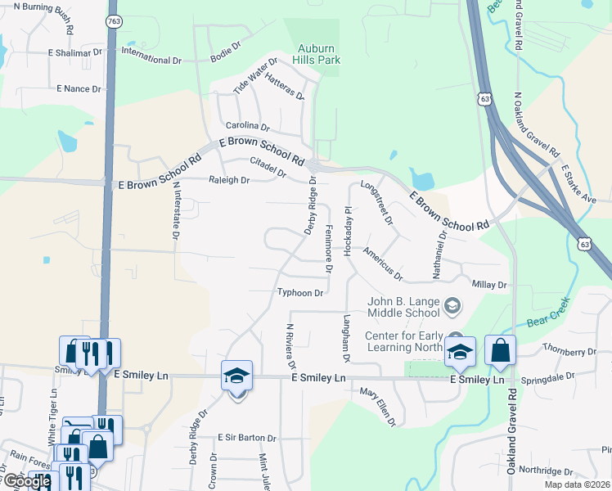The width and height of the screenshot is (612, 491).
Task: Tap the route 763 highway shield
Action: coord(114,20)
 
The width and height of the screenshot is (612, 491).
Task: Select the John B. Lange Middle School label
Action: coord(404,307)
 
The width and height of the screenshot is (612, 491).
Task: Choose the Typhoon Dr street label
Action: coord(302,292)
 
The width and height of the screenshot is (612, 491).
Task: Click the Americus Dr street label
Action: coord(383,264)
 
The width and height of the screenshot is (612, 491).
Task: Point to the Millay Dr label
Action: coord(490,285)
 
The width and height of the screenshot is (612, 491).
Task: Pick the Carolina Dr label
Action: coord(248,127)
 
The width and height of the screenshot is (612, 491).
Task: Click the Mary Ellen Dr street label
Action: coord(378,407)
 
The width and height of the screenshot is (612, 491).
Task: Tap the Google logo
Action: coord(27,481)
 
